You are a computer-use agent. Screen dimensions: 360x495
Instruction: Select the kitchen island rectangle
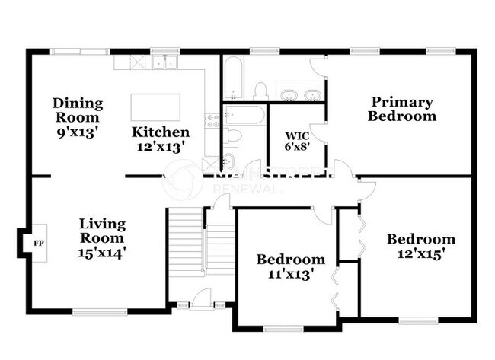pyautogui.click(x=156, y=107)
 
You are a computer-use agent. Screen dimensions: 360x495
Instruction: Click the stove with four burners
pyautogui.click(x=212, y=119)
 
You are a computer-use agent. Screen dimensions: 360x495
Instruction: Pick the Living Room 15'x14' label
pyautogui.click(x=102, y=237)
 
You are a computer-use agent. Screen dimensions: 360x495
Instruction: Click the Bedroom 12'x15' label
pyautogui.click(x=421, y=247)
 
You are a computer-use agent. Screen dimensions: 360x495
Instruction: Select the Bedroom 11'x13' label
pyautogui.click(x=290, y=267)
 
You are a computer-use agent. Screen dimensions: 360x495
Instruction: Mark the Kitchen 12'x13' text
pyautogui.click(x=159, y=139)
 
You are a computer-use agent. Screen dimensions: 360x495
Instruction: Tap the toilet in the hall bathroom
pyautogui.click(x=234, y=136)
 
